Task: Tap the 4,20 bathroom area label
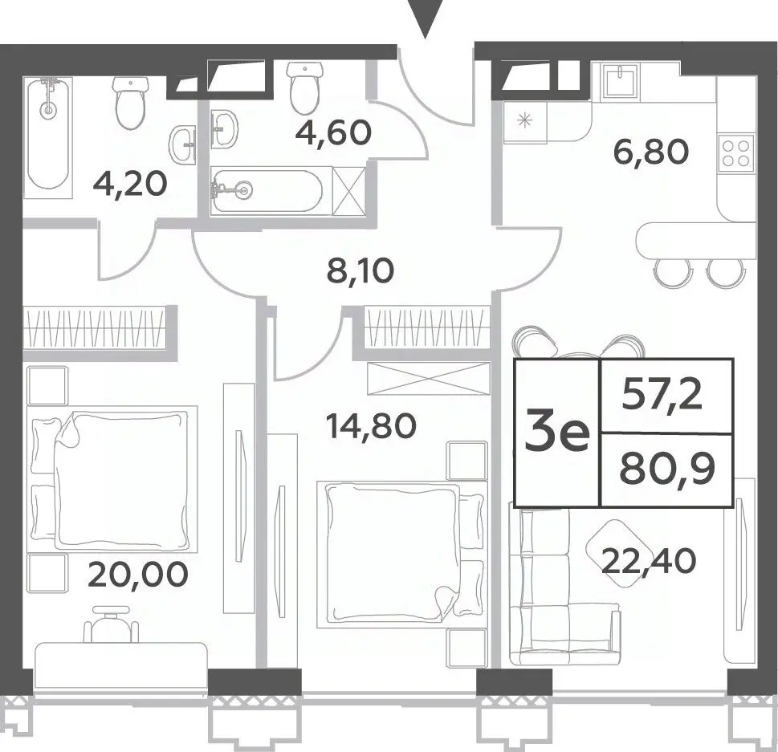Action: (x=130, y=185)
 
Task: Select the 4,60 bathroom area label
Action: (x=333, y=132)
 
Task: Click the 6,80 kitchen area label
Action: (x=651, y=152)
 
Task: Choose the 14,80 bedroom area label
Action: (x=371, y=426)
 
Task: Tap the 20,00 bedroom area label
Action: (x=137, y=574)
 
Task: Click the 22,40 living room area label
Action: (x=649, y=561)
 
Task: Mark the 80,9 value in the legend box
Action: (x=667, y=470)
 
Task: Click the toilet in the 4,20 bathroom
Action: (x=131, y=102)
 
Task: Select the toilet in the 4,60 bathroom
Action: (x=304, y=88)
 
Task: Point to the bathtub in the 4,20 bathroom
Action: (x=47, y=133)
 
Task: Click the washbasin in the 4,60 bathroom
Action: (x=224, y=128)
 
